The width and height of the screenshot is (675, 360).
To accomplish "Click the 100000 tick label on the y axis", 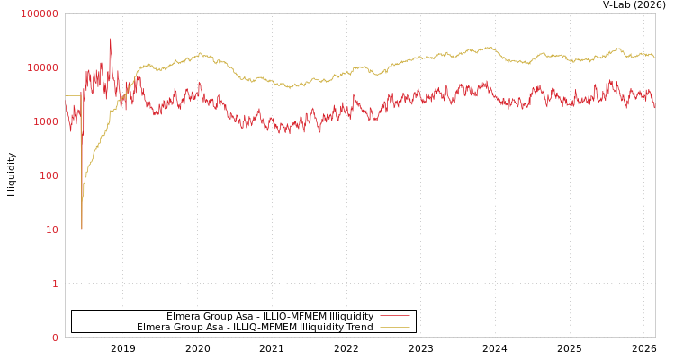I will (40, 13).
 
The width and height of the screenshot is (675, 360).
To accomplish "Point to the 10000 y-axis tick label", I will (42, 67).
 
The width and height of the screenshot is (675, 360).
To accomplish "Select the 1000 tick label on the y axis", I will (45, 121).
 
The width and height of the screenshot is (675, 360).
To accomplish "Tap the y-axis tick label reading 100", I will (48, 175).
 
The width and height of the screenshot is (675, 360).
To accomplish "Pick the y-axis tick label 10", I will (51, 229).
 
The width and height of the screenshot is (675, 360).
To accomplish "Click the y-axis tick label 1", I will (54, 283).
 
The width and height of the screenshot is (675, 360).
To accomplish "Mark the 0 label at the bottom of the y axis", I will (54, 337).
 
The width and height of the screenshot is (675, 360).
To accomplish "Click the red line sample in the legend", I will (394, 316).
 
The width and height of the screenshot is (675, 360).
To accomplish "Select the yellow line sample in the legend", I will (394, 327).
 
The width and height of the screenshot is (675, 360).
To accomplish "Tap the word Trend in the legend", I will (358, 327).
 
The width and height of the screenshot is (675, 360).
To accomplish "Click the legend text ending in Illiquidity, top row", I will (270, 316).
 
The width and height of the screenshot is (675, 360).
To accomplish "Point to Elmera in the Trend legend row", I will (154, 327).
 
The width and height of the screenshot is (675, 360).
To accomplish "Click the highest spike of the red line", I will (111, 39).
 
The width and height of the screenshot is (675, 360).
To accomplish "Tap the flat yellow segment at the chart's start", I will (73, 95).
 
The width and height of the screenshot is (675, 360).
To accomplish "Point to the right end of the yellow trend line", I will (654, 57).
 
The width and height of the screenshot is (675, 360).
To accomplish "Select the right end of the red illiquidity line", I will (654, 106).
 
